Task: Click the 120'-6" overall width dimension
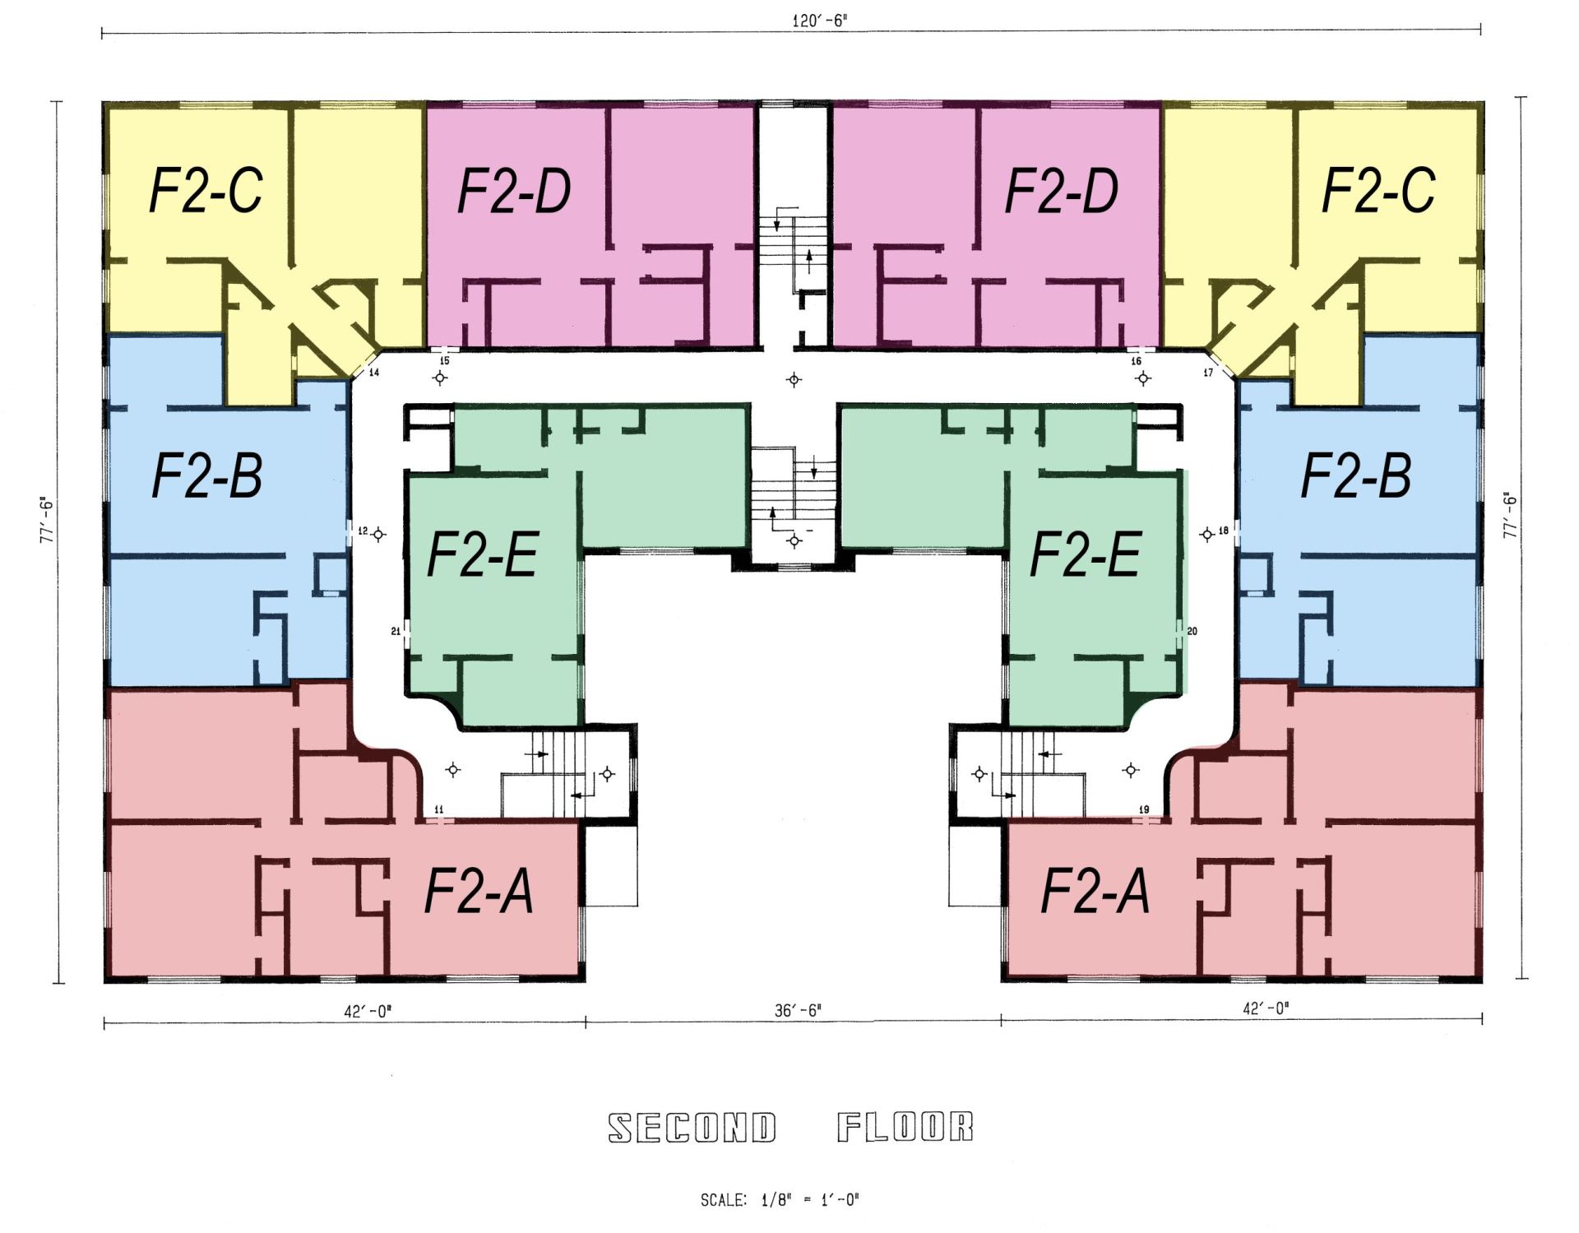pos(819,21)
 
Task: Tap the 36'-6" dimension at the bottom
pos(797,1010)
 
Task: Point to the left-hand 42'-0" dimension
pos(368,1011)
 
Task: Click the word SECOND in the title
pos(692,1129)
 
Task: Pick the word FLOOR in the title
pos(905,1128)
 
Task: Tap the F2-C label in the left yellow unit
pos(206,192)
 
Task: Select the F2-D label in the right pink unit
pos(1062,192)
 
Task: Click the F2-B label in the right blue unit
pos(1355,476)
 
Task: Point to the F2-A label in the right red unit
pos(1095,892)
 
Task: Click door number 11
pos(438,810)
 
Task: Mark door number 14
pos(373,373)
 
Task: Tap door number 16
pos(1137,361)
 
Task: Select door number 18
pos(1224,531)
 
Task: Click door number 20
pos(1192,632)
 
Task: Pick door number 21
pos(396,632)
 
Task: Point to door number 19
pos(1143,810)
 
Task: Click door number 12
pos(363,531)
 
